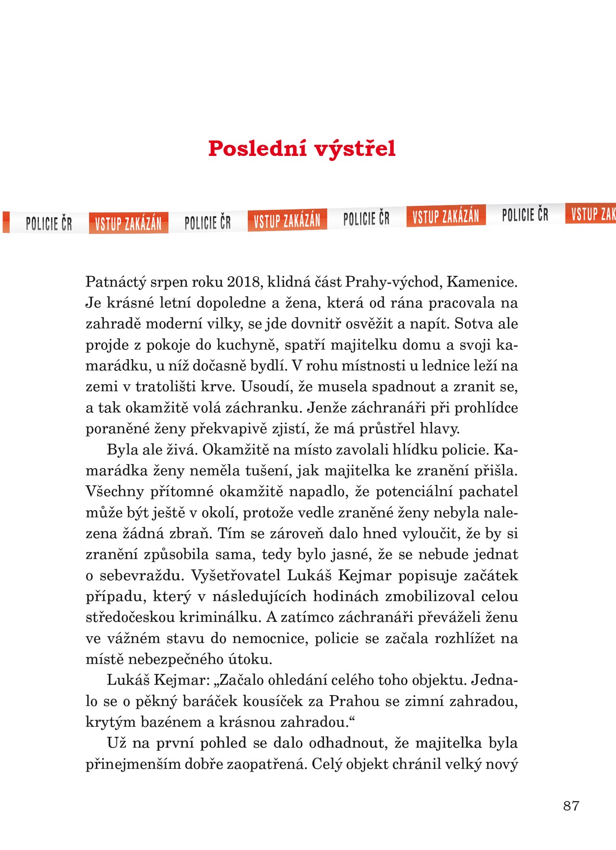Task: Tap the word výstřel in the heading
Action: (x=355, y=148)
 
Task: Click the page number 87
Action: (x=571, y=806)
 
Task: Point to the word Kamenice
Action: (x=482, y=282)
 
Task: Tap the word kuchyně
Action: (x=247, y=345)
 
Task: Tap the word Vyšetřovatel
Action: (x=236, y=575)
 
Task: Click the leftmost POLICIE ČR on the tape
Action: (x=49, y=224)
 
